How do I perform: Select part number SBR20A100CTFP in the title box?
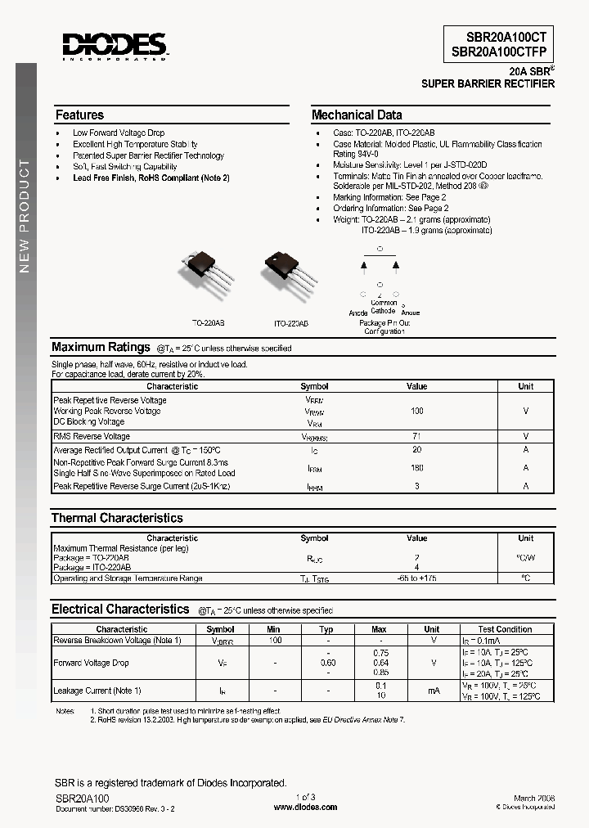(x=499, y=51)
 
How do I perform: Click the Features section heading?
(x=79, y=115)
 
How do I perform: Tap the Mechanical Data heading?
(x=357, y=115)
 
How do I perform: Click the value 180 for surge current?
(x=416, y=468)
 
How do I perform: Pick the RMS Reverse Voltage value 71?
(x=416, y=437)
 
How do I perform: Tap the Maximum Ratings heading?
(x=101, y=347)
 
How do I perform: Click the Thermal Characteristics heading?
(x=117, y=518)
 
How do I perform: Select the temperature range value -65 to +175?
(x=416, y=578)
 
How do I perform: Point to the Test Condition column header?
(x=505, y=629)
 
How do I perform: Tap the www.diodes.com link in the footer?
(x=305, y=807)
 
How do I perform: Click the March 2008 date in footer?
(x=536, y=797)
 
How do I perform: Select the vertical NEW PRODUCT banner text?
(x=24, y=216)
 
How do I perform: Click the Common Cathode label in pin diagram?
(x=383, y=307)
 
